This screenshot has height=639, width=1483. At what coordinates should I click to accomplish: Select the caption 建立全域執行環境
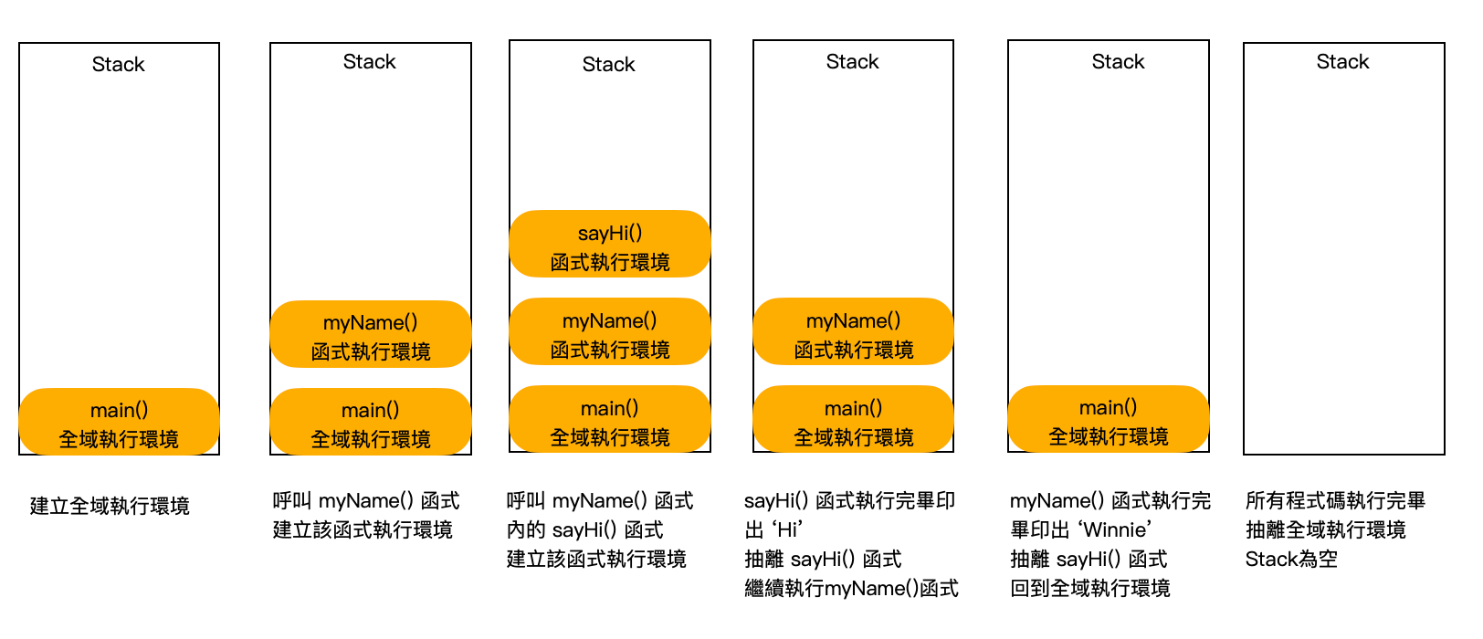tap(110, 506)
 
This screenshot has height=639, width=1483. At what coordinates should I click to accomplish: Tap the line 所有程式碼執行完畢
tap(1335, 500)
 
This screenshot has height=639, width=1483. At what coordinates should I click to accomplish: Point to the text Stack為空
tap(1291, 559)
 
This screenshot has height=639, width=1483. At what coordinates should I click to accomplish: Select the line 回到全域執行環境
tap(1090, 588)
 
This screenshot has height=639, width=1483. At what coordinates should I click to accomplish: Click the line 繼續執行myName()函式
tap(851, 588)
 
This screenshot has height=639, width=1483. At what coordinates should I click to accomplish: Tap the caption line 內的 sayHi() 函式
tap(584, 529)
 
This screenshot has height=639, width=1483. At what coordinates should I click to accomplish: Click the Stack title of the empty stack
tap(1342, 62)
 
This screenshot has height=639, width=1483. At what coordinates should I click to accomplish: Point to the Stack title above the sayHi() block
tap(608, 64)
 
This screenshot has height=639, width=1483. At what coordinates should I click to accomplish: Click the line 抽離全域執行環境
tap(1326, 529)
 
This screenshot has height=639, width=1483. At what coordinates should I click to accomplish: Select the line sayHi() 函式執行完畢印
tap(849, 500)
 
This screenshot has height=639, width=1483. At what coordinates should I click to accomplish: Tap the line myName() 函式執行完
tap(1110, 500)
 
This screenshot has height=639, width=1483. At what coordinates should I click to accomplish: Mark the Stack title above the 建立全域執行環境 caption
tap(119, 64)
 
